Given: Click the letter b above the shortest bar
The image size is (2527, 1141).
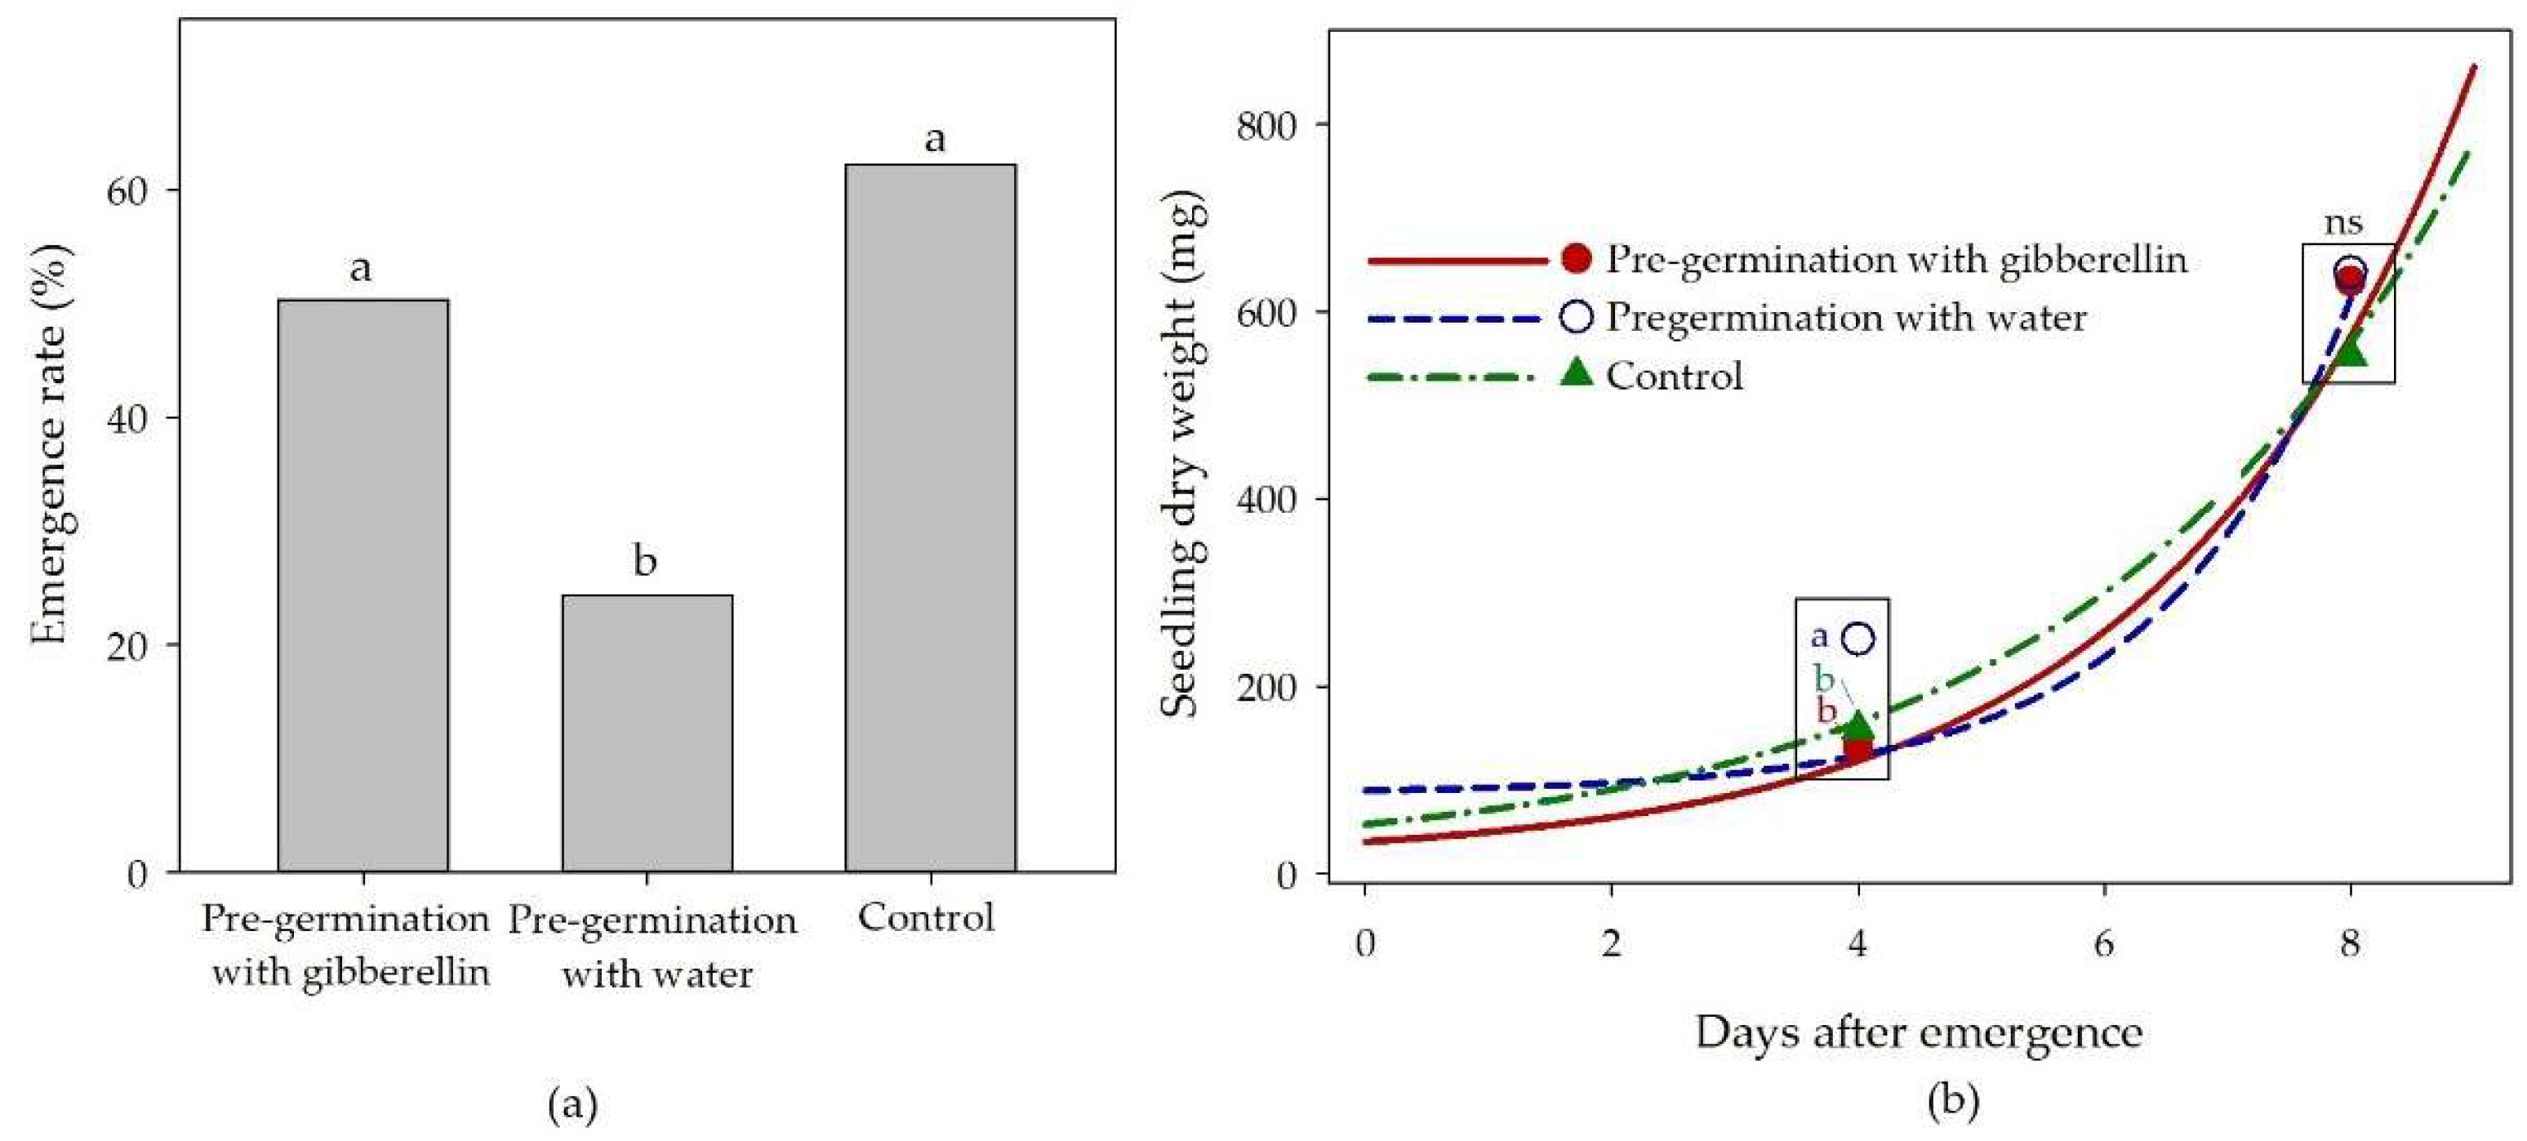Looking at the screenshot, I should click(644, 561).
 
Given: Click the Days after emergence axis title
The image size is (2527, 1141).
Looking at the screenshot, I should click(1918, 1033).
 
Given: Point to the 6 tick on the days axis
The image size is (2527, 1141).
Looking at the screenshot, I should click(2104, 944).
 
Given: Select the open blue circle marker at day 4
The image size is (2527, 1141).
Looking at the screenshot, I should click(1859, 639).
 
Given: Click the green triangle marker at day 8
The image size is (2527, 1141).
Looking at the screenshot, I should click(2351, 348).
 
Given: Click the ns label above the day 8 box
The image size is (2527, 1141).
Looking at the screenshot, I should click(2342, 223).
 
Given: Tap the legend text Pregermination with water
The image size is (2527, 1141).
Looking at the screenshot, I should click(1845, 318).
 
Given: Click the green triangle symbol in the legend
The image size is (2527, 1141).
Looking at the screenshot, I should click(1577, 372).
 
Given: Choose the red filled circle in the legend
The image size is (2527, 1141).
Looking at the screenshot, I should click(1577, 258).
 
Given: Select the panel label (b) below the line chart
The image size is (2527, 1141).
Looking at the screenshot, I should click(1952, 1100).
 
